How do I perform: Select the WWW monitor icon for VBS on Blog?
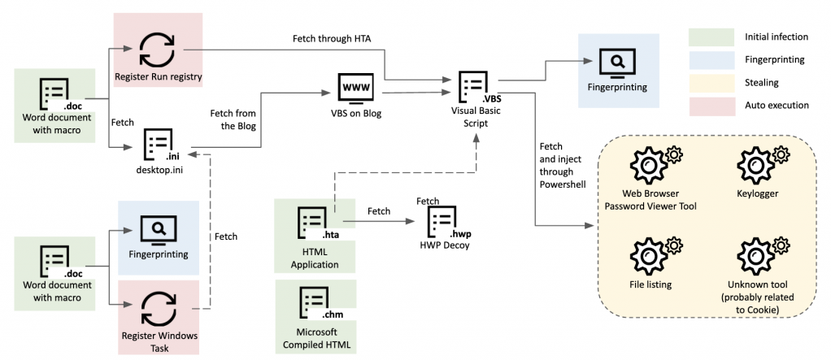pos(358,88)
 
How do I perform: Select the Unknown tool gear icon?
pos(764,255)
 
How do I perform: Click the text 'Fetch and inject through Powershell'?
pos(558,166)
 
